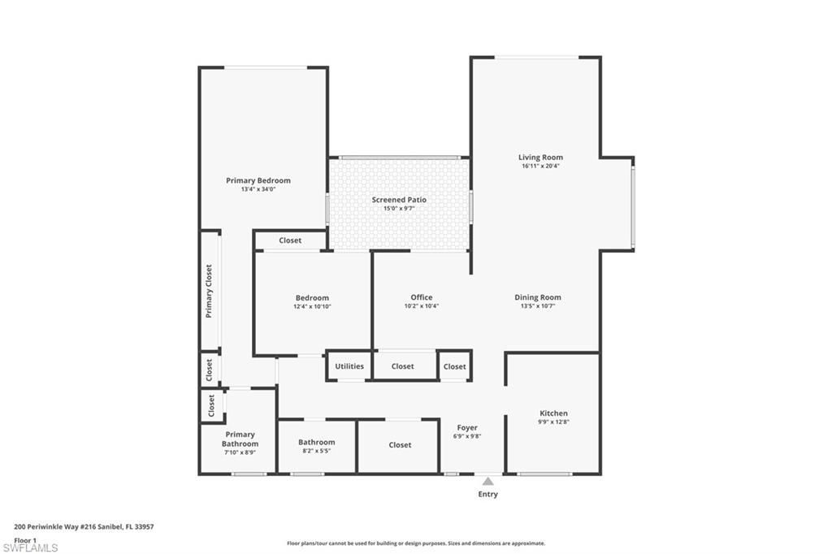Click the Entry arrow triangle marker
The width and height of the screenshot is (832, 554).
pos(487,481)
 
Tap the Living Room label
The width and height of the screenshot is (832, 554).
pos(540,158)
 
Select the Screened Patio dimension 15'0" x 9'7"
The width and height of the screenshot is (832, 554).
pos(399,209)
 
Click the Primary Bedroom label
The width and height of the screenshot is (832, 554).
pos(258,180)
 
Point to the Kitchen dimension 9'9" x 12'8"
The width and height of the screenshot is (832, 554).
pos(553,422)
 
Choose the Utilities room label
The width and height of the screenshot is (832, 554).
pos(349,366)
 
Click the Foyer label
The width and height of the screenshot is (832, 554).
pos(467,427)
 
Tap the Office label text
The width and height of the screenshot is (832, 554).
pos(421,297)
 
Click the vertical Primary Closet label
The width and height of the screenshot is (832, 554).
pos(209,291)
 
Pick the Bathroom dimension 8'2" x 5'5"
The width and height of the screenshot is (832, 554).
pos(316,451)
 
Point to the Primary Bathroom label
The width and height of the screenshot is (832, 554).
pos(240,439)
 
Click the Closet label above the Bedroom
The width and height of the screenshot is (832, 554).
pos(290,240)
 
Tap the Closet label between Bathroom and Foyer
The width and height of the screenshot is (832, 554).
pos(399,445)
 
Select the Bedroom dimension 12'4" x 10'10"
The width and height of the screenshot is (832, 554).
pos(312,307)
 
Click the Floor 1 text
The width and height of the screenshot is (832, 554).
pos(25,540)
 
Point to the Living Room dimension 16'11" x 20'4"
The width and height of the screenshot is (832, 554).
pos(540,167)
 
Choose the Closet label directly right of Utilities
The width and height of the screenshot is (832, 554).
pos(402,366)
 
